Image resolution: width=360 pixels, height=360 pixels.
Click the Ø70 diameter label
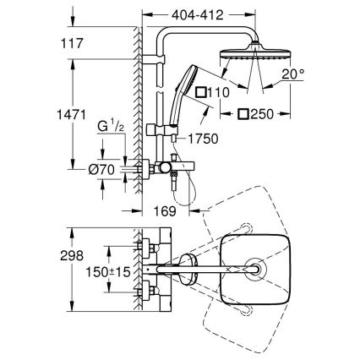tap(102, 170)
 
